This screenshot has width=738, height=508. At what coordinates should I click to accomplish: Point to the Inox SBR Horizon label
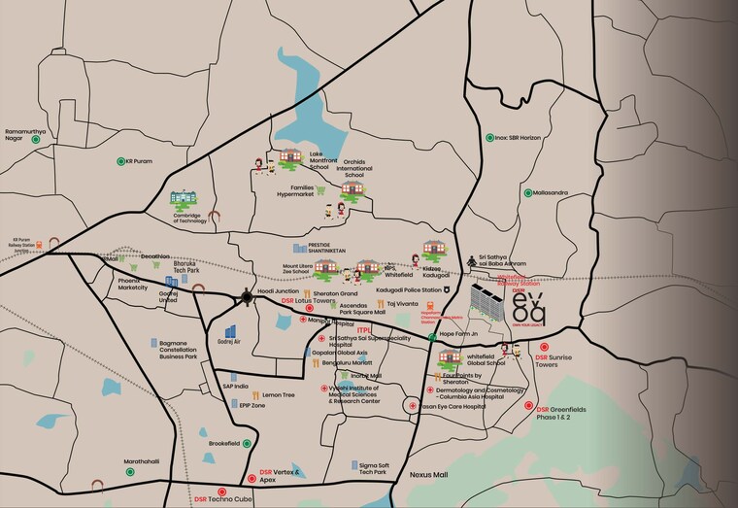click(x=519, y=138)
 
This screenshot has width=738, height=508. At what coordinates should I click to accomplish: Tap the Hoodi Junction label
click(x=280, y=290)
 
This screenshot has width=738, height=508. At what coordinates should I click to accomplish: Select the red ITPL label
click(x=365, y=330)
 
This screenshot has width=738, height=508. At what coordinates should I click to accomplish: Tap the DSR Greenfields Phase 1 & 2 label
click(x=564, y=415)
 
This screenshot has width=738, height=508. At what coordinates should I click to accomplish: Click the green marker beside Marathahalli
click(x=129, y=471)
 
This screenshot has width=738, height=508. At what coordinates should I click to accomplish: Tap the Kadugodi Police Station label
click(x=409, y=289)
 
